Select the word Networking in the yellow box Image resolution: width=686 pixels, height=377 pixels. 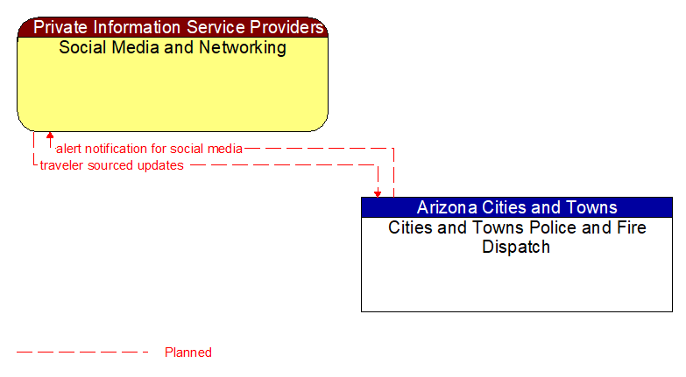[241, 47]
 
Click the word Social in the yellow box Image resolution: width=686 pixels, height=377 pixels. [81, 47]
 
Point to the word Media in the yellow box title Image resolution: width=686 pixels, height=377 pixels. [137, 47]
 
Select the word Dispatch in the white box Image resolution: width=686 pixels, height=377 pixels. [516, 247]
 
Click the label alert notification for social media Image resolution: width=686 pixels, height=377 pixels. [149, 149]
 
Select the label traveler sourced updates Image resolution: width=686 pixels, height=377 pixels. [111, 165]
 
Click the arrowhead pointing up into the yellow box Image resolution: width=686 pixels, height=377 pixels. [50, 136]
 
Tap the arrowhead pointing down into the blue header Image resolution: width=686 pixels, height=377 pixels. [378, 192]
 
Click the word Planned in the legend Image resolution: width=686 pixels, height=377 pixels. [188, 353]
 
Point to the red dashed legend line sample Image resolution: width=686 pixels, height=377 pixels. [82, 353]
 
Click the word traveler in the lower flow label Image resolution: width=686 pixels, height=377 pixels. [60, 165]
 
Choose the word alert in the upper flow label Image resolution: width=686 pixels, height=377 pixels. [69, 149]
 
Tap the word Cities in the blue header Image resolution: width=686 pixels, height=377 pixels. [506, 207]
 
